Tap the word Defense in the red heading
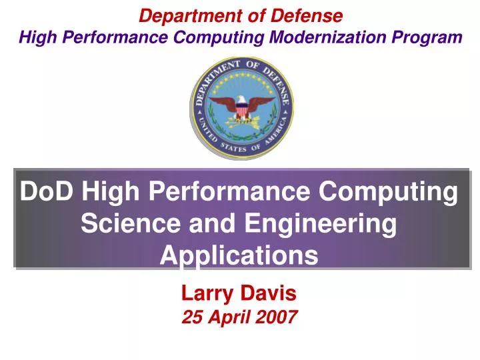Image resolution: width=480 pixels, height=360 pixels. pos(311,15)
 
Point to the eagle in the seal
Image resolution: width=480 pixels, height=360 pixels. pos(241,107)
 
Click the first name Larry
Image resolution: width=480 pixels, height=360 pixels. pos(207,292)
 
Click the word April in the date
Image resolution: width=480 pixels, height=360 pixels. pos(229,317)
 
